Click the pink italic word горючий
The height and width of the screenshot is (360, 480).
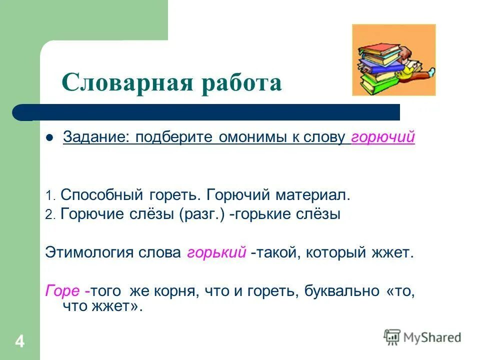coord(383,137)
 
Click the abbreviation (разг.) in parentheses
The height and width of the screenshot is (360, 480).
coord(201,214)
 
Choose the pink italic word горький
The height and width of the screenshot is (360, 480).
coord(216,252)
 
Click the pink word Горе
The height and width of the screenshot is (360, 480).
coord(62,291)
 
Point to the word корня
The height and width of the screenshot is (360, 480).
coord(173,291)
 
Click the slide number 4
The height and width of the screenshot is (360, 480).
coord(19,342)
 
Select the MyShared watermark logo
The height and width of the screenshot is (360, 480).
coord(422,337)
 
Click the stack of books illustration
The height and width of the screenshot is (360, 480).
coord(393,60)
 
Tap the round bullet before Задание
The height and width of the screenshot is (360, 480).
coord(49,138)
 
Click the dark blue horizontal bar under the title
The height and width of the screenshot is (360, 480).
coord(210,112)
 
